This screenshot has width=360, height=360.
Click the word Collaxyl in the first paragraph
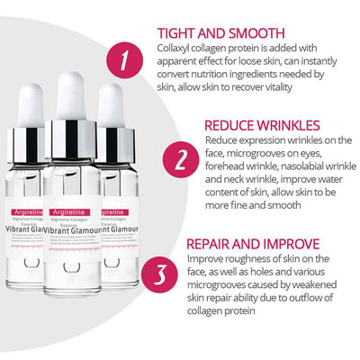pos(228,49)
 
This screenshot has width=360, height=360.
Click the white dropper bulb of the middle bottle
pos(77,90)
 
